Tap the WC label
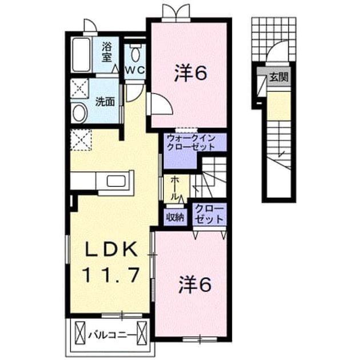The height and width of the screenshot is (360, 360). [135, 70]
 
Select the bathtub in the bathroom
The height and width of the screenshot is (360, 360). [81, 54]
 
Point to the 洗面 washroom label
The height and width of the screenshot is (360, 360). [105, 101]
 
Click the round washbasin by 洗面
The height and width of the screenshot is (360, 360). [79, 113]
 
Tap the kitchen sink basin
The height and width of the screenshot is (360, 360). [116, 181]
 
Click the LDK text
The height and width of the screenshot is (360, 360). [112, 249]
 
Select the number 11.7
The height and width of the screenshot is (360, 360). [112, 275]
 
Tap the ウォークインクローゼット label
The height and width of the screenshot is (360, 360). [191, 142]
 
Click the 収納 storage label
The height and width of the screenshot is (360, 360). [175, 217]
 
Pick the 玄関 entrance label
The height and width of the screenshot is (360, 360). [279, 77]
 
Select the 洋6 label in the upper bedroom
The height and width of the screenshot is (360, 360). [191, 73]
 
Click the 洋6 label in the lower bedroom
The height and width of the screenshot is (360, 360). [195, 285]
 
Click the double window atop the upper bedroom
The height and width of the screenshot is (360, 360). [176, 13]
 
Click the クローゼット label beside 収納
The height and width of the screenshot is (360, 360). [209, 214]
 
